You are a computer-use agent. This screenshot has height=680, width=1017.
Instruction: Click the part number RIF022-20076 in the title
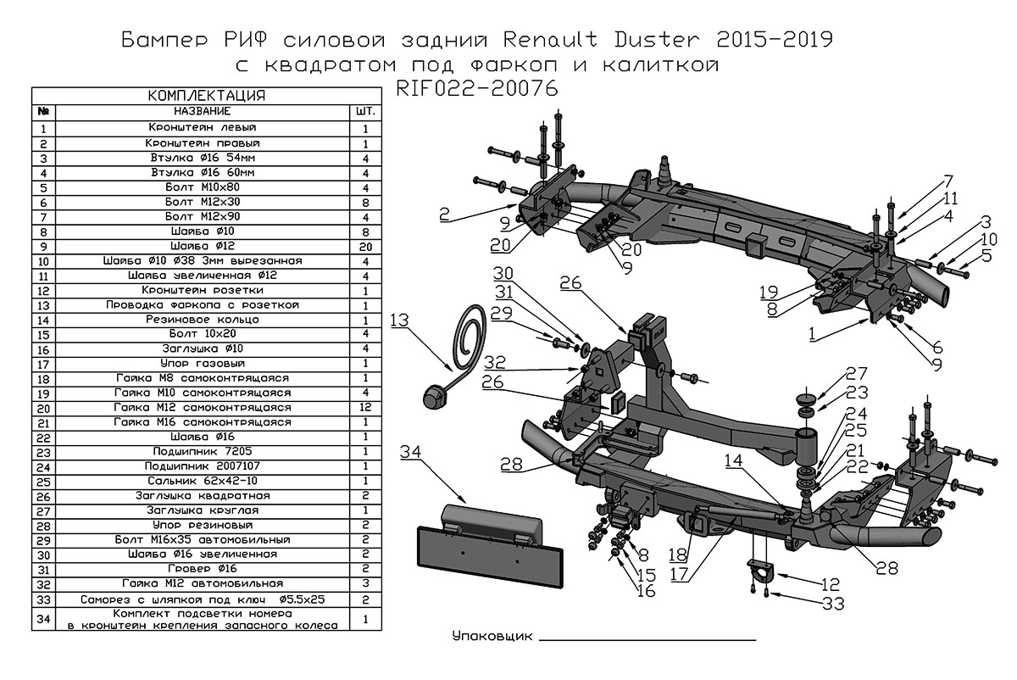[477, 89]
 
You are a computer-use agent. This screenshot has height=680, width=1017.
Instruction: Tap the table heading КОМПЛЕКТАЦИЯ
[207, 95]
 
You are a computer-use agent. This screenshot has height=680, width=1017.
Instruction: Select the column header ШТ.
[366, 112]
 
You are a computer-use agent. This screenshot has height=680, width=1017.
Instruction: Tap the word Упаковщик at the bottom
[492, 636]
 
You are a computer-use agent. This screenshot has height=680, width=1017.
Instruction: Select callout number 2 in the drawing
[445, 215]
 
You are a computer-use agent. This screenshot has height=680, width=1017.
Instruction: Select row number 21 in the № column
[43, 422]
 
